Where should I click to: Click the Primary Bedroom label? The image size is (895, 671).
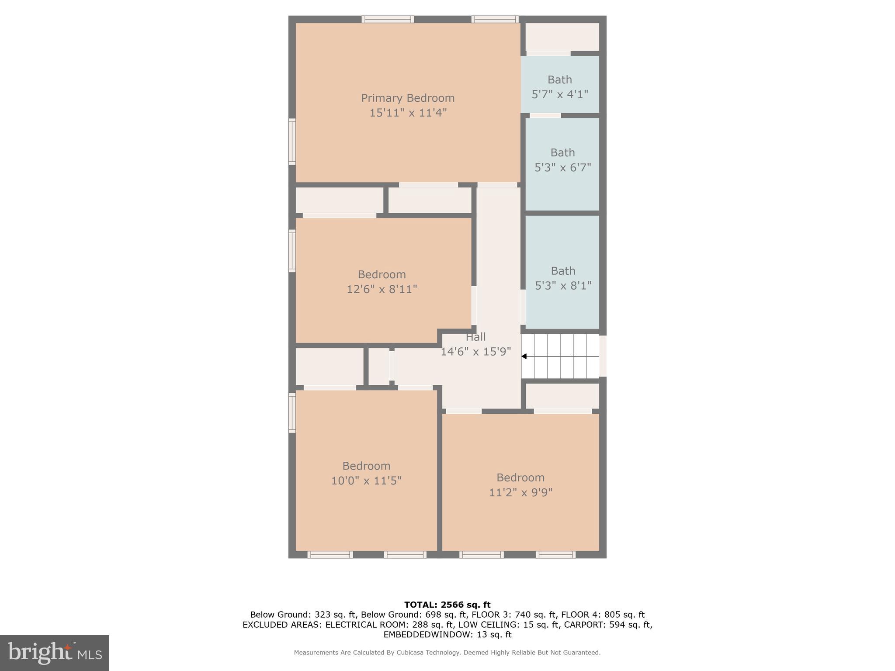[x=407, y=98]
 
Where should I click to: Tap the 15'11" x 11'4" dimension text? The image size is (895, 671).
[x=408, y=113]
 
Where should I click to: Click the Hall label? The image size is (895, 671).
[x=475, y=337]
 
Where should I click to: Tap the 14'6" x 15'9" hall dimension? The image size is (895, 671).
[x=475, y=352]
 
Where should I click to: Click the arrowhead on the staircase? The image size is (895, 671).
[x=524, y=356]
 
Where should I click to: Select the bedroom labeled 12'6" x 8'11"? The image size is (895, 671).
[x=382, y=281]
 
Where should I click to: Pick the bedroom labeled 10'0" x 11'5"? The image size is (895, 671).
[x=366, y=473]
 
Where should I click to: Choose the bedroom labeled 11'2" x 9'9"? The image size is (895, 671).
[x=520, y=484]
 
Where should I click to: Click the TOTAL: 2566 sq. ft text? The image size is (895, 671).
[x=447, y=605]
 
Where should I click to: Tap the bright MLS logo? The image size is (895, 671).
[x=55, y=653]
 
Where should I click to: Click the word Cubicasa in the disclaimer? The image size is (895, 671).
[x=413, y=653]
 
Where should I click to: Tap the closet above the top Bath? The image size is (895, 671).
[x=562, y=37]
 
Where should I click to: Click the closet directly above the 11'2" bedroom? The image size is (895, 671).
[x=562, y=396]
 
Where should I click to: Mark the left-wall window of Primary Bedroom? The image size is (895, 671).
[x=292, y=142]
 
